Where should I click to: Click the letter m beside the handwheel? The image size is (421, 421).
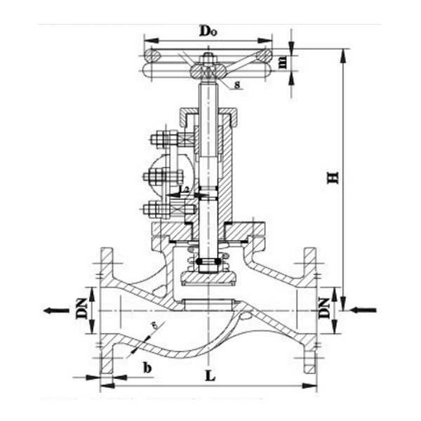tap(283, 62)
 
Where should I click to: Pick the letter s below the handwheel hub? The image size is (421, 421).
tap(238, 86)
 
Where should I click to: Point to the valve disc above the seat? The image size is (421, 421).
tap(208, 280)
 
